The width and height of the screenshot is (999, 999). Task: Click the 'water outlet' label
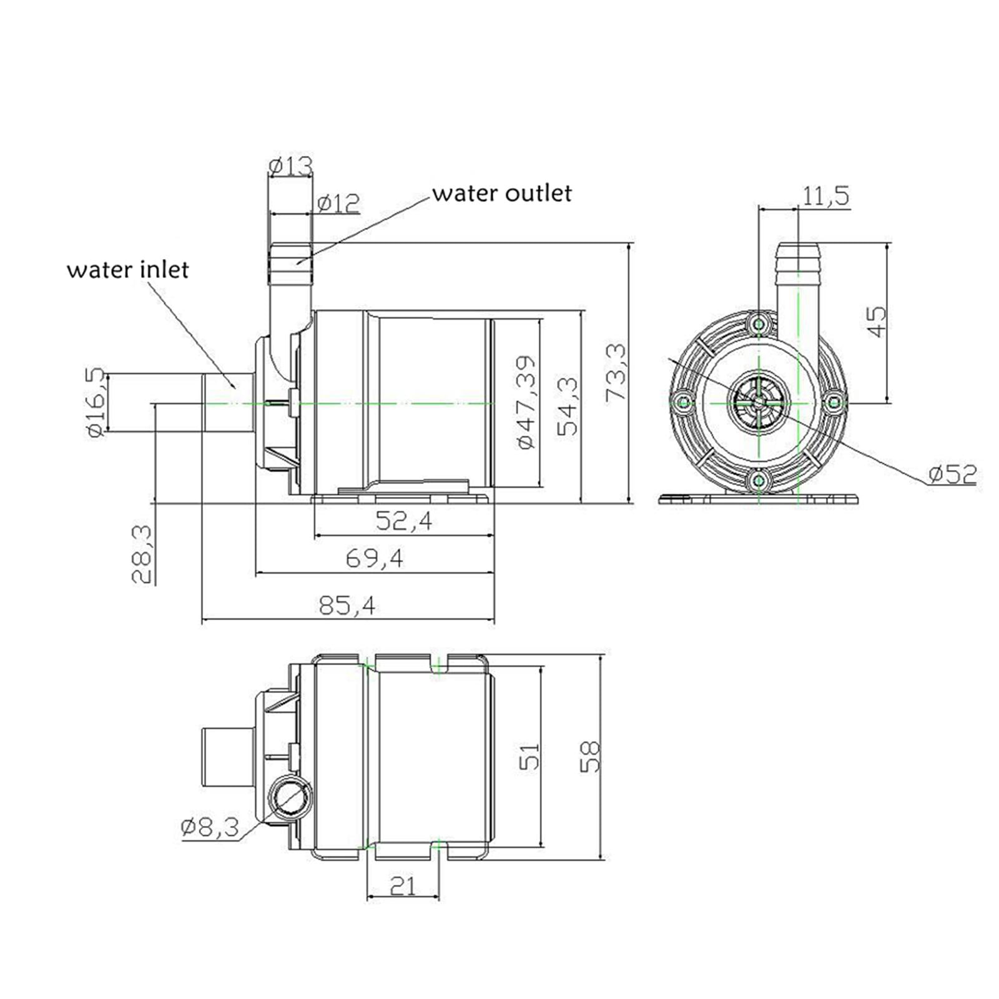coord(502,194)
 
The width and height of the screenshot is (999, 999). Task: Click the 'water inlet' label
coord(128,270)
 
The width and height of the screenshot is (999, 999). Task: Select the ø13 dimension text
coord(290,166)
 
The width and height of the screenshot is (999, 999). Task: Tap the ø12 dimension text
coord(338,203)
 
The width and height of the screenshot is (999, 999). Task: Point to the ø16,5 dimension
coord(96,402)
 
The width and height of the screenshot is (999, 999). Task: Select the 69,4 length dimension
coord(375,558)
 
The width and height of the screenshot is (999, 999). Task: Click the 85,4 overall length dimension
coord(347,605)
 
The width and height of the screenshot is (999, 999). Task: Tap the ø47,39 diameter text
coord(526,402)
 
